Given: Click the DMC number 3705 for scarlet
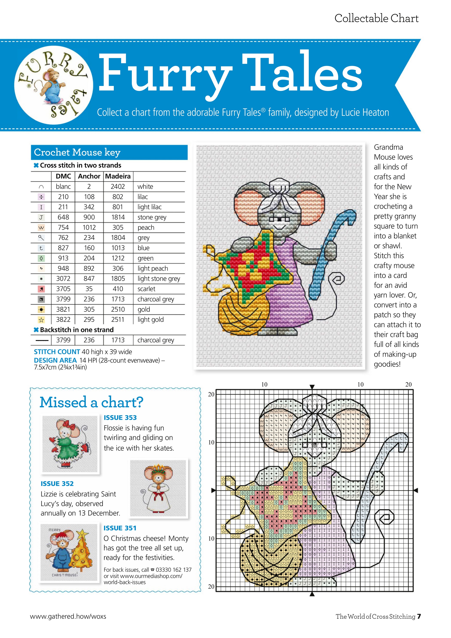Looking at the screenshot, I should [x=63, y=289].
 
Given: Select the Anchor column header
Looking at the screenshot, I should [x=89, y=176].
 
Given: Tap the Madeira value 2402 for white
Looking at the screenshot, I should [x=118, y=186].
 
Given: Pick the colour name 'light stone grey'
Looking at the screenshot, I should [x=159, y=278].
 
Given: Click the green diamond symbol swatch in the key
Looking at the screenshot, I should [x=41, y=258].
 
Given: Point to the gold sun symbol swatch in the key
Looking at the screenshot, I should [x=41, y=309].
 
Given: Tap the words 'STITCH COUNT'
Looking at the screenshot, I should [x=57, y=352].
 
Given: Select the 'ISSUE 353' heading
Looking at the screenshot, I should [x=120, y=417].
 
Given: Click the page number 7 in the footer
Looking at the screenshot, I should [x=419, y=616].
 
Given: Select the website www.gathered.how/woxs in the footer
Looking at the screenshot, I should [x=68, y=616].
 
